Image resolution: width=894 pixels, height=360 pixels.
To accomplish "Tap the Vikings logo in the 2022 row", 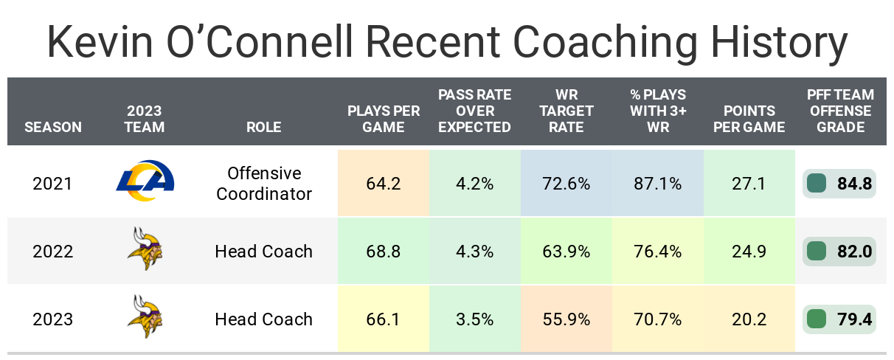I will [145, 252].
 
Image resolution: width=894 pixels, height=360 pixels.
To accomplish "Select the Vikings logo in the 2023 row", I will [145, 319].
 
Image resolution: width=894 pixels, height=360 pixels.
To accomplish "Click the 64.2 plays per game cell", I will [383, 184].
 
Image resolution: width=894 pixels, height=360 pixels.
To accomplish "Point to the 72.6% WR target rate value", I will [566, 184].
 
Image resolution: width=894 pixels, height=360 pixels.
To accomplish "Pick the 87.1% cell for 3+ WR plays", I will [657, 184].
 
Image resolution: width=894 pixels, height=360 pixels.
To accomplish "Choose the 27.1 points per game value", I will [749, 184].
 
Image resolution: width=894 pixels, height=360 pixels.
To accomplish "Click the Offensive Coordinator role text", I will [264, 184].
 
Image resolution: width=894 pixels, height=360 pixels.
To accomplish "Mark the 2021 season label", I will [53, 184].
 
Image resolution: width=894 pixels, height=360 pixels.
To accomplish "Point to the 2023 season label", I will [53, 319].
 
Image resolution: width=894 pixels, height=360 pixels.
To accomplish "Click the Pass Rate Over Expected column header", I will [474, 111].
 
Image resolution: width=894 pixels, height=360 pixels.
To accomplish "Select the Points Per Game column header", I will [749, 119].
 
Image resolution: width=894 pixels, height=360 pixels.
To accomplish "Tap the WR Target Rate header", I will [566, 111].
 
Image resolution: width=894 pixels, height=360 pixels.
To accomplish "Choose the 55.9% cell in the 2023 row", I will [566, 319].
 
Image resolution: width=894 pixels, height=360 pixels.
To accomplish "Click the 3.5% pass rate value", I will [474, 319].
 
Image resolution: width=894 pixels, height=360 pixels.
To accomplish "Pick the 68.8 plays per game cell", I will [383, 252].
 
